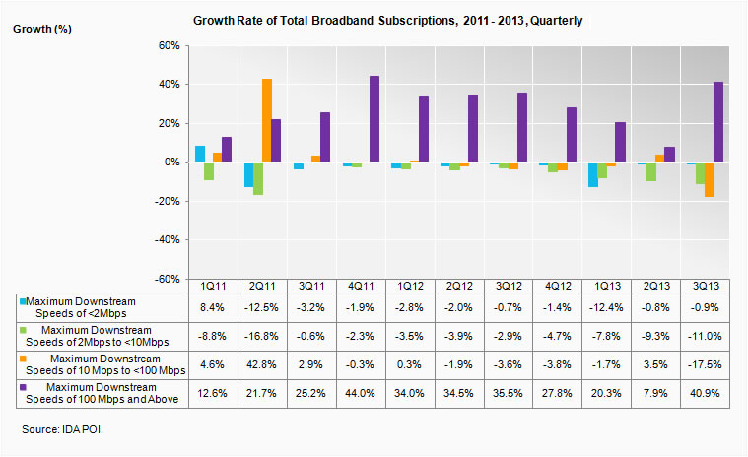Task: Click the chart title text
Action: coord(374,20)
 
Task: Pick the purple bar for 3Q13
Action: coord(717,122)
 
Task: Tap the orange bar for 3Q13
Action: coord(708,179)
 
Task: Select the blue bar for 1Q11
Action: coord(200,154)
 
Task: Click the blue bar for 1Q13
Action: coord(591,174)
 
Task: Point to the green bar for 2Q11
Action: coord(257,178)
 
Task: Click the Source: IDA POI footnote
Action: coord(64,430)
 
